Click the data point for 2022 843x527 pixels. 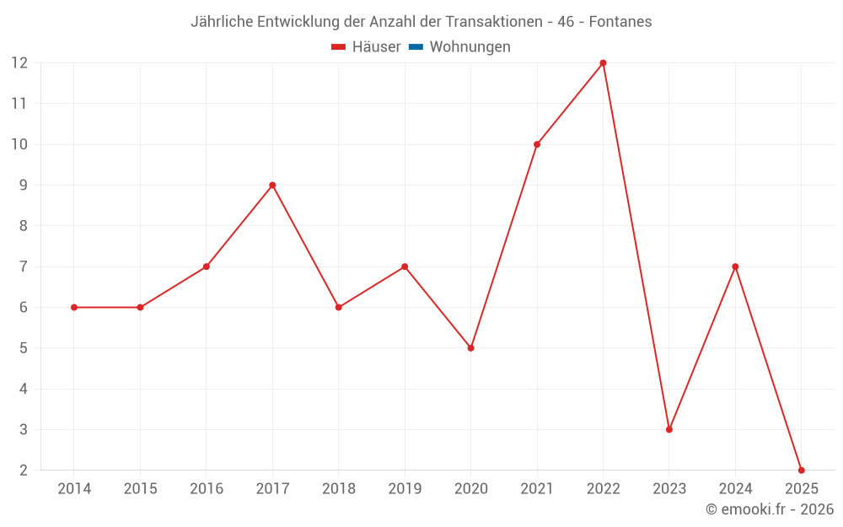pyautogui.click(x=603, y=62)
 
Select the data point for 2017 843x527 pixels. pyautogui.click(x=272, y=185)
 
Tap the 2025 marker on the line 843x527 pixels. pyautogui.click(x=801, y=470)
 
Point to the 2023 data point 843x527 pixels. pyautogui.click(x=669, y=429)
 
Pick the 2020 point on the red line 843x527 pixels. pyautogui.click(x=470, y=347)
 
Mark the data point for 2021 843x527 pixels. pyautogui.click(x=537, y=144)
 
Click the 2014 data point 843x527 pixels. pyautogui.click(x=74, y=307)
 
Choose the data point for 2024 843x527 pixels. pyautogui.click(x=735, y=266)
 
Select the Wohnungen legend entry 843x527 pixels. pyautogui.click(x=470, y=47)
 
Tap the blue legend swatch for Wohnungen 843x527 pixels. pyautogui.click(x=416, y=47)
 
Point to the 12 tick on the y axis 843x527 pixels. pyautogui.click(x=19, y=62)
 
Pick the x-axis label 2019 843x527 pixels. pyautogui.click(x=405, y=489)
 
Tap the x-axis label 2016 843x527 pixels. pyautogui.click(x=207, y=489)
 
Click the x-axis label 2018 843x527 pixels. pyautogui.click(x=338, y=489)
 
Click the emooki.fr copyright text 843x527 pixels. pyautogui.click(x=770, y=509)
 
